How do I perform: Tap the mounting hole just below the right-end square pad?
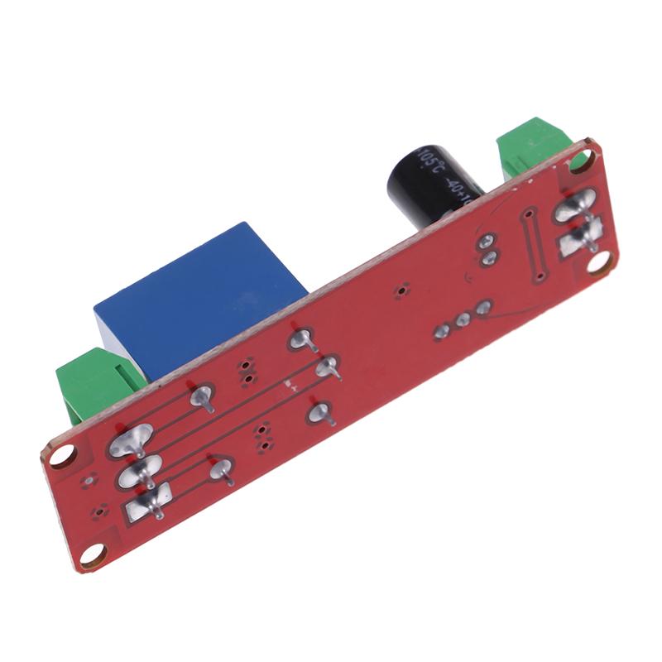click(602, 263)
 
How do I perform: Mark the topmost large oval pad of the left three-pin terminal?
click(131, 439)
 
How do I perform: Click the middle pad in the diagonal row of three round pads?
click(463, 319)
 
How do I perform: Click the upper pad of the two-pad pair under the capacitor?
click(487, 242)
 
